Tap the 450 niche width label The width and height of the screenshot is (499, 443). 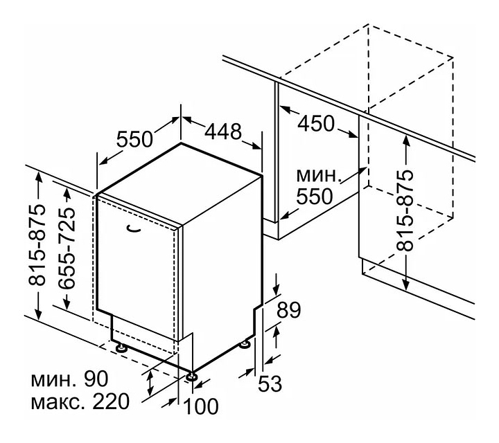coord(315,124)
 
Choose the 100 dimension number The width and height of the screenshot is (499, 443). coord(201,406)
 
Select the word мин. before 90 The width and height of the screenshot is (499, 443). coord(52,380)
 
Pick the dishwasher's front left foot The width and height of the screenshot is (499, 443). coord(122,348)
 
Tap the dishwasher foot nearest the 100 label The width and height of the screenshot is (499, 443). coord(191,377)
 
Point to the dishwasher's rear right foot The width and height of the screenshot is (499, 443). coord(246,344)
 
